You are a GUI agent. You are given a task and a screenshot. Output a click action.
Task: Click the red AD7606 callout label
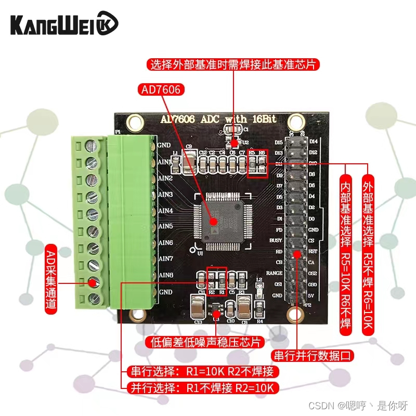[161, 90]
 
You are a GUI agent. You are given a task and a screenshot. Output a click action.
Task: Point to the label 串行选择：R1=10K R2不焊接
[200, 371]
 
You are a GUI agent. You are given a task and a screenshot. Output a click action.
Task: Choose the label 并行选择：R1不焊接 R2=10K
[200, 387]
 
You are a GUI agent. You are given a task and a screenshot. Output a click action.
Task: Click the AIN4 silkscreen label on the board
[165, 211]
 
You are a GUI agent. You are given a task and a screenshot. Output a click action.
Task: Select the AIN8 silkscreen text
[165, 275]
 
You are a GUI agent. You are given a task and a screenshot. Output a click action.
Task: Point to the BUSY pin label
[276, 241]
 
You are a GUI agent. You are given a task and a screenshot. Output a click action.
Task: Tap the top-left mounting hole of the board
[136, 123]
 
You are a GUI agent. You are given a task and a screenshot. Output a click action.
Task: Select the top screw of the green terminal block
[93, 146]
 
